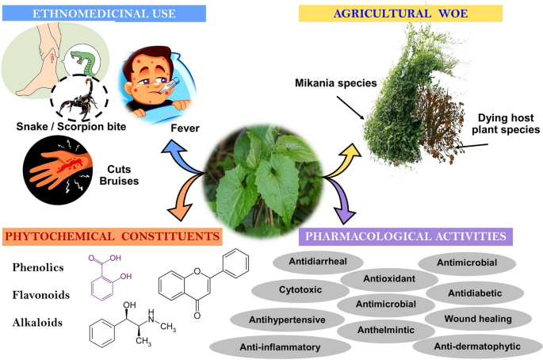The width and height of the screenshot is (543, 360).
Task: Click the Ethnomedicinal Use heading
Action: (103, 13)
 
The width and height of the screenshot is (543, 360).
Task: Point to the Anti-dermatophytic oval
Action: (479, 346)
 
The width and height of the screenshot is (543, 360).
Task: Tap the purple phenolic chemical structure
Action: (111, 271)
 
